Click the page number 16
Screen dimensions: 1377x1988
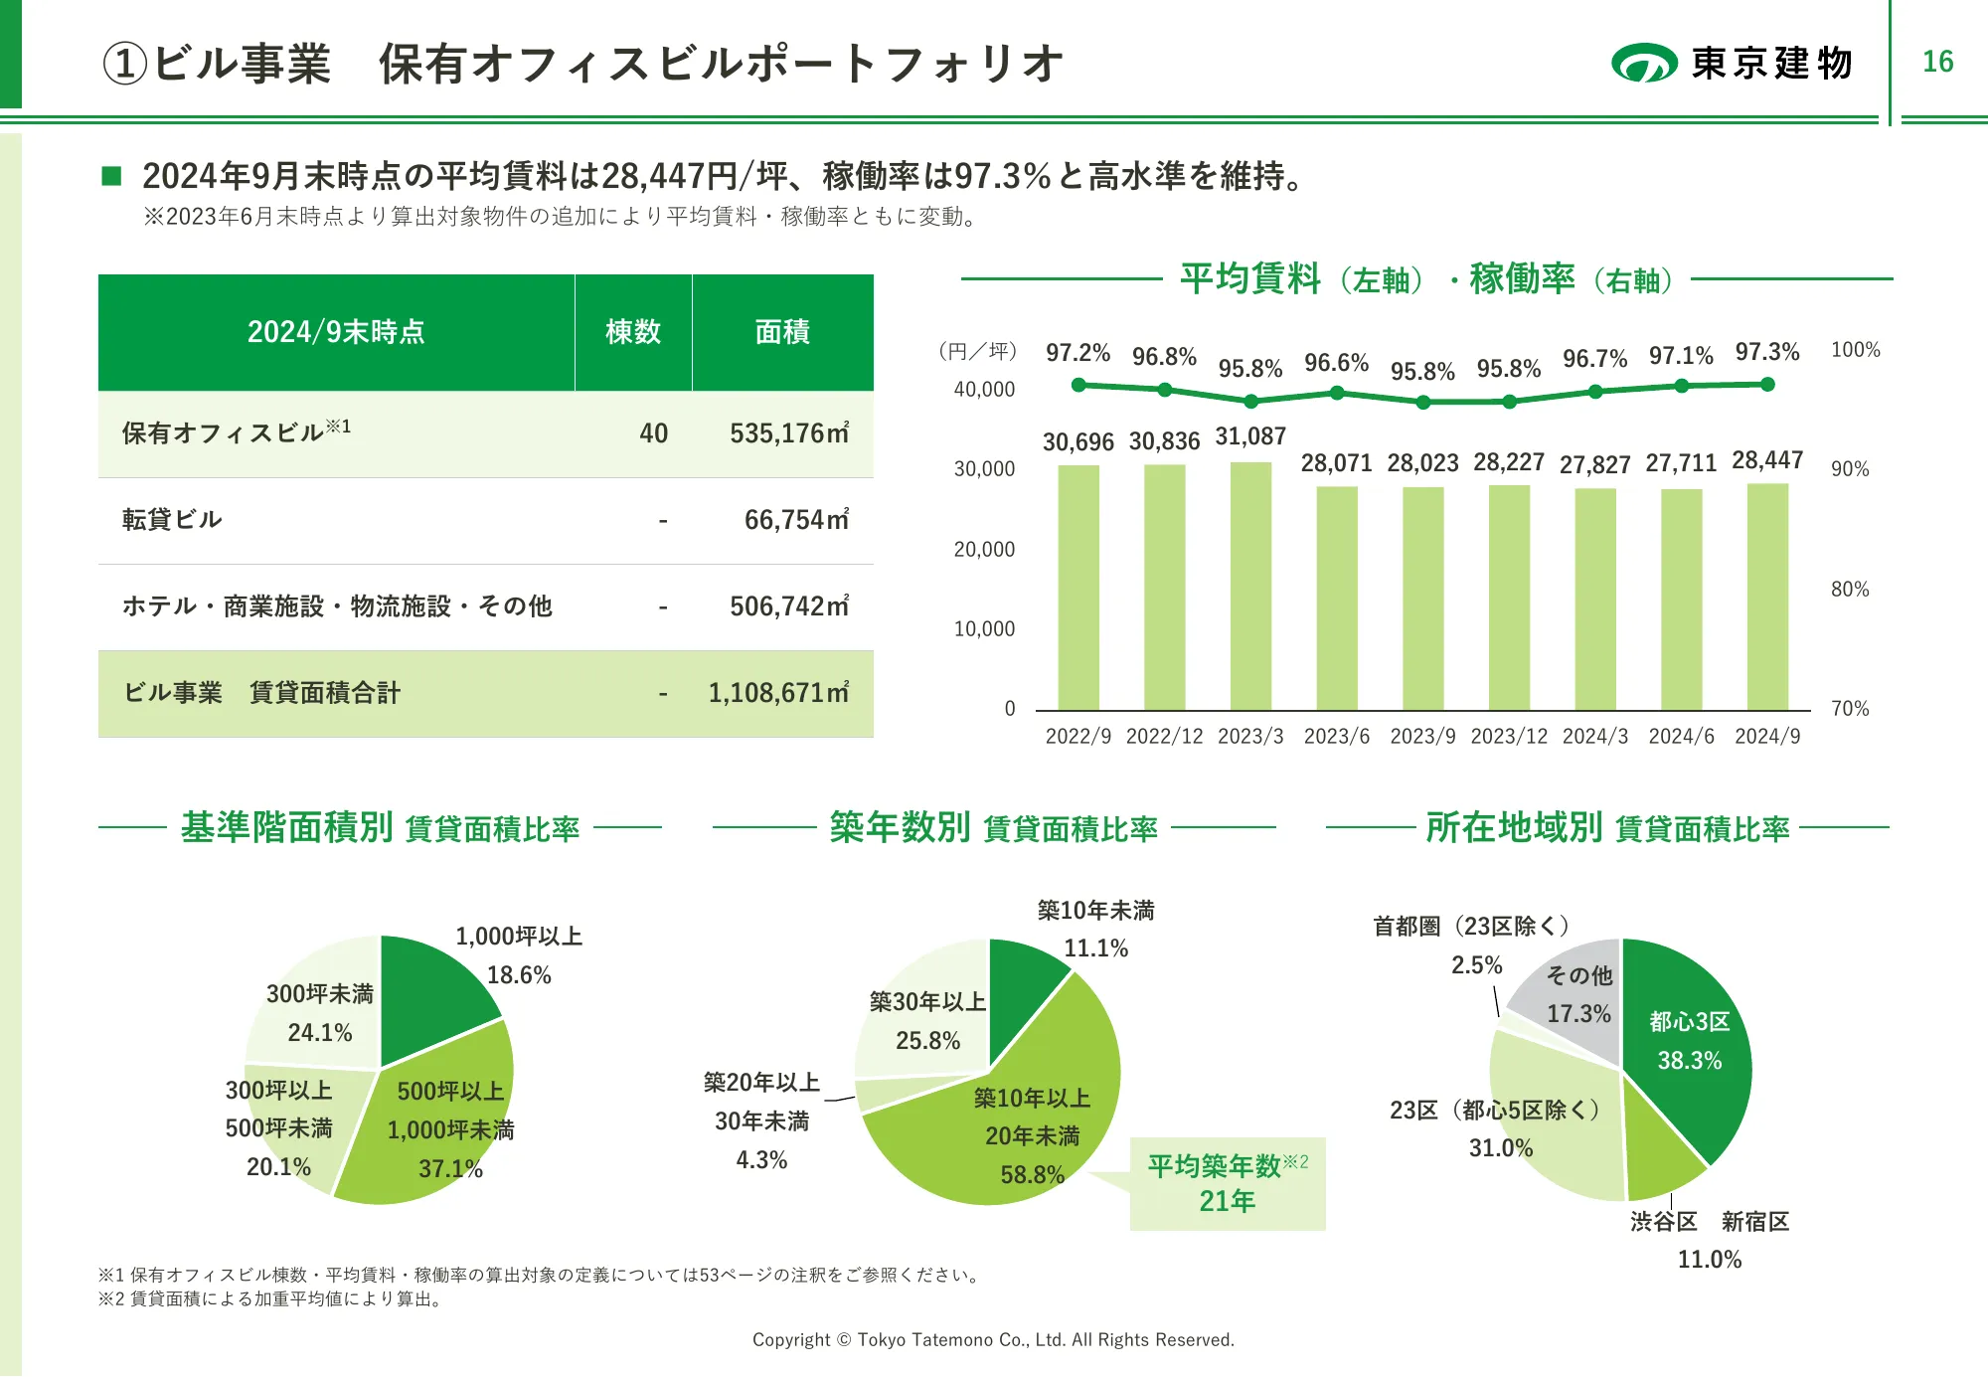click(1937, 62)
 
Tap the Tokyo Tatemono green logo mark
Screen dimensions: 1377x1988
click(1644, 63)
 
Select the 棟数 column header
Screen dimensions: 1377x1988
click(633, 332)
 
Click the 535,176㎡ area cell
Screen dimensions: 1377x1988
click(789, 433)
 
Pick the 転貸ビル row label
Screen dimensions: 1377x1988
click(172, 520)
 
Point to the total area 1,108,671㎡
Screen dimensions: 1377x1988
click(778, 693)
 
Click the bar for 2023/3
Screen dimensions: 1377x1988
click(1250, 587)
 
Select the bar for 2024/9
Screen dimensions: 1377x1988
click(1767, 597)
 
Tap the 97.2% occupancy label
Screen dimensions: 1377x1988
click(1077, 353)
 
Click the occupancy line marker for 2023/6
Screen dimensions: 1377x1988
click(1337, 393)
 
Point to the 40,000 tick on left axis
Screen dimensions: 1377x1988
click(984, 390)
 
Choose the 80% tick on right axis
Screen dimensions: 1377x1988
click(1850, 590)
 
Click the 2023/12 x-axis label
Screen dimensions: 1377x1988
click(1509, 737)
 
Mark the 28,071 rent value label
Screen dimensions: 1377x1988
click(1336, 463)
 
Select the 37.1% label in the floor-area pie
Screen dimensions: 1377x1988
click(450, 1169)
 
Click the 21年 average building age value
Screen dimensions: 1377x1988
click(1227, 1202)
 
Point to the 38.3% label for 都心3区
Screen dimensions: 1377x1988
click(1689, 1061)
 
